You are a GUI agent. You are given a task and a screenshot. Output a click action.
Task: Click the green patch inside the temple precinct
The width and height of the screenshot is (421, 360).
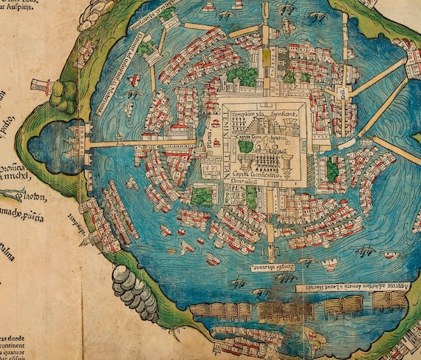tap(246, 147)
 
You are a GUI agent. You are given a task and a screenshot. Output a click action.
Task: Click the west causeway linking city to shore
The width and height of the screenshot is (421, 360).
tap(140, 142)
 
